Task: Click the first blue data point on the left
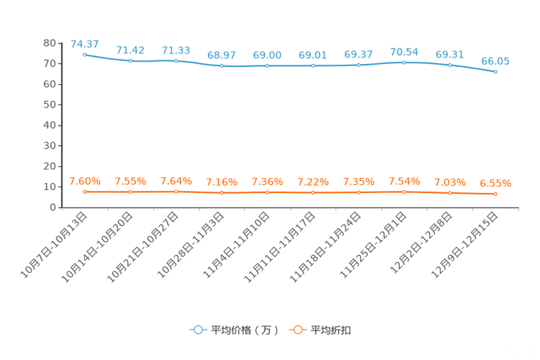(x=85, y=54)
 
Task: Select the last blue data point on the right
(x=496, y=72)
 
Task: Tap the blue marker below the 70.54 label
(x=404, y=63)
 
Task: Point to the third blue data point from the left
(x=176, y=60)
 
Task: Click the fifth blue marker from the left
(x=268, y=66)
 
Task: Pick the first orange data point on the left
(x=85, y=192)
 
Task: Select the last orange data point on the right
(x=496, y=195)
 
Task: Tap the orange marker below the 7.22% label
(x=313, y=193)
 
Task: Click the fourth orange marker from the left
(x=221, y=193)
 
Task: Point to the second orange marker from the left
(x=131, y=192)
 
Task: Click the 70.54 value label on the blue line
(x=404, y=52)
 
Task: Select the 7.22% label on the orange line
(x=313, y=181)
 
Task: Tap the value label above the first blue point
(x=84, y=44)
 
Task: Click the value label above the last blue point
(x=495, y=61)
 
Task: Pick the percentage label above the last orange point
(x=495, y=184)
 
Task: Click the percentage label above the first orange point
(x=84, y=181)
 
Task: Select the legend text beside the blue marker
(x=245, y=330)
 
